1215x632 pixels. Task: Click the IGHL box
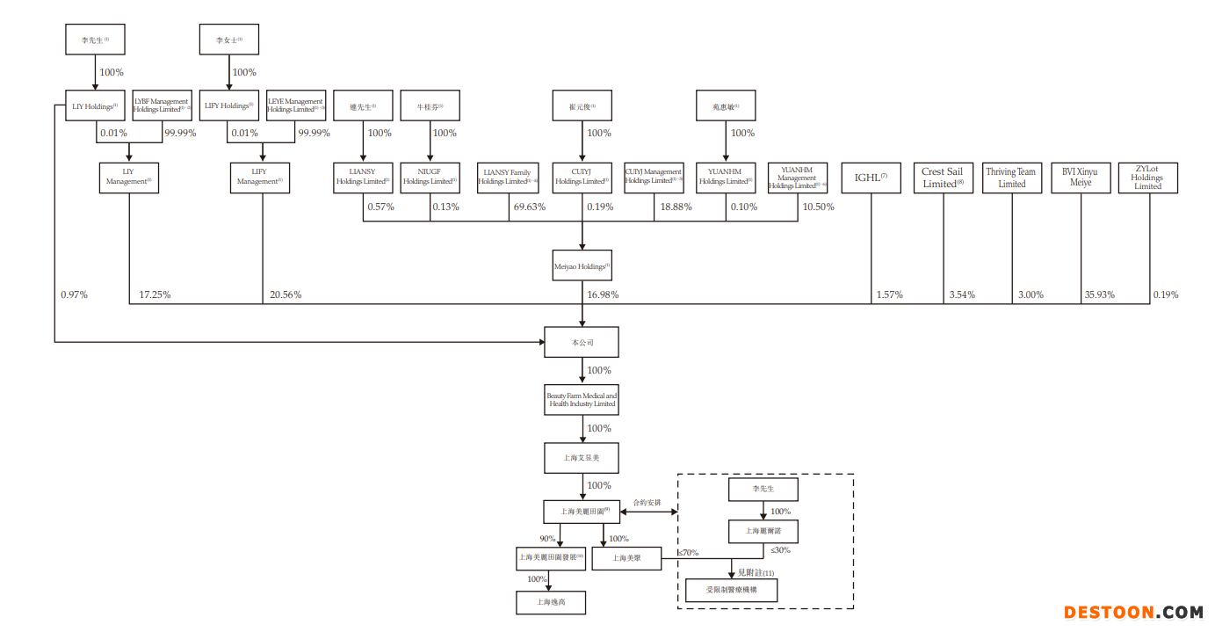pyautogui.click(x=871, y=178)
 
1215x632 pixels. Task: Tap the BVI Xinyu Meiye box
pyautogui.click(x=1081, y=178)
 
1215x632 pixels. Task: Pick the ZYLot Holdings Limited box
pyautogui.click(x=1147, y=178)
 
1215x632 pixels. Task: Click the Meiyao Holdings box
pyautogui.click(x=582, y=265)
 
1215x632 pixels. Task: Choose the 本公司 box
pyautogui.click(x=582, y=342)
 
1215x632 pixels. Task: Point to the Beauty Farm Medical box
pyautogui.click(x=582, y=400)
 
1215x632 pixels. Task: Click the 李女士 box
pyautogui.click(x=229, y=40)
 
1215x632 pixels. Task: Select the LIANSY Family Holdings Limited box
pyautogui.click(x=508, y=178)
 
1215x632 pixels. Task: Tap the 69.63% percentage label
pyautogui.click(x=529, y=207)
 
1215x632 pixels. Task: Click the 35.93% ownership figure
pyautogui.click(x=1099, y=295)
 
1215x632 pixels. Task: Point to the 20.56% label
pyautogui.click(x=286, y=295)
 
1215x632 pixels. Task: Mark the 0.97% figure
pyautogui.click(x=74, y=295)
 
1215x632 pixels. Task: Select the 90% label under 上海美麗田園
pyautogui.click(x=547, y=539)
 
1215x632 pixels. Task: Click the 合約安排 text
pyautogui.click(x=647, y=503)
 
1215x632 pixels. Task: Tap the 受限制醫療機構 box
pyautogui.click(x=729, y=590)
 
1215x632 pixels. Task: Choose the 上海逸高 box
pyautogui.click(x=550, y=602)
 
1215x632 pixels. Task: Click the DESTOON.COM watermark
pyautogui.click(x=1133, y=613)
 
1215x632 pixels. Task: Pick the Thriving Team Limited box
pyautogui.click(x=1011, y=178)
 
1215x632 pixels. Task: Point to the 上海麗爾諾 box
pyautogui.click(x=763, y=532)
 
